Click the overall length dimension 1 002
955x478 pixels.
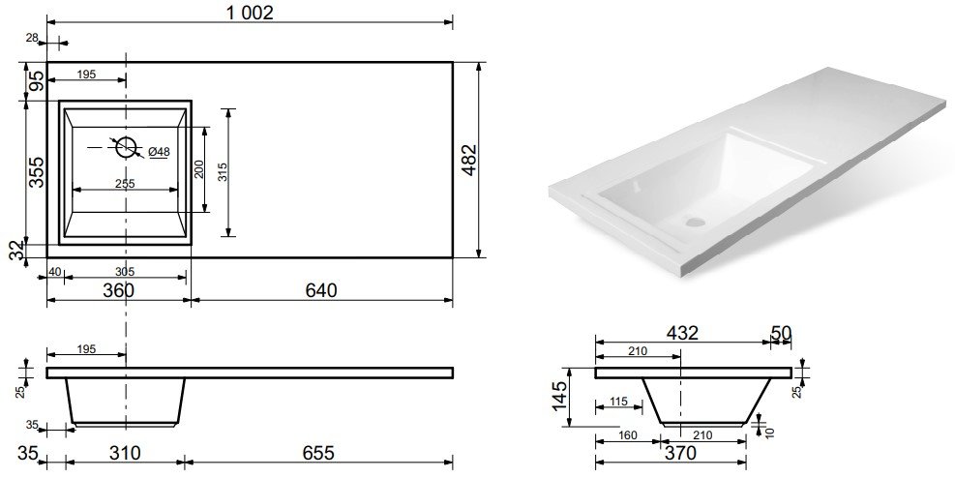pos(251,13)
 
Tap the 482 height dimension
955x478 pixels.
pos(470,161)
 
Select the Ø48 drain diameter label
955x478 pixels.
pos(159,152)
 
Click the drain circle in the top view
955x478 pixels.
pos(126,147)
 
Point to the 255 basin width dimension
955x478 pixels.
pos(125,183)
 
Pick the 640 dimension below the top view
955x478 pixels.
pos(321,290)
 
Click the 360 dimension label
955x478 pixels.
pos(118,290)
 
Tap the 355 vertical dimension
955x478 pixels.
pos(37,172)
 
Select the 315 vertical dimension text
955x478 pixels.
pos(222,171)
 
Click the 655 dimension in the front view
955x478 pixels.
pos(318,453)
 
